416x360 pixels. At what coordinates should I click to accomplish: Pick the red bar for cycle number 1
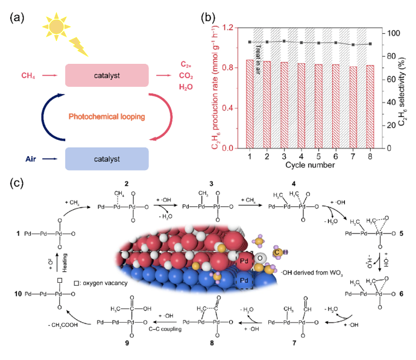(250, 104)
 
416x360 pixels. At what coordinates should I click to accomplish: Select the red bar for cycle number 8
(370, 106)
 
